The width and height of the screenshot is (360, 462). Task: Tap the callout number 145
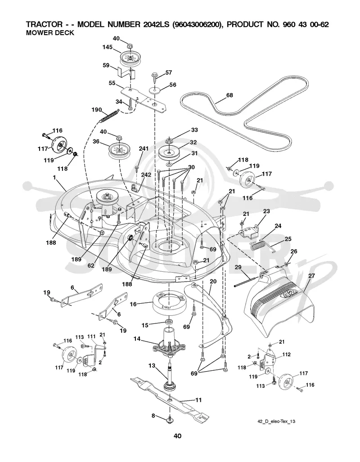point(108,47)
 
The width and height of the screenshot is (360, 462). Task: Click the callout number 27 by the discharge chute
point(311,276)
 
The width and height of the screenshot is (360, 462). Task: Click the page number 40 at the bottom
point(177,436)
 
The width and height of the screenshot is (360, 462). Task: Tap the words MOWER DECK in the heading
point(50,33)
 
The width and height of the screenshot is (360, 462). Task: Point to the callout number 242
point(146,175)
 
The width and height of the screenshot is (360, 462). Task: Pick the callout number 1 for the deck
point(54,178)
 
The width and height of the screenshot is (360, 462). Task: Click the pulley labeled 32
point(169,153)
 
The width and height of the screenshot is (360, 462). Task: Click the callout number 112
point(286,354)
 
